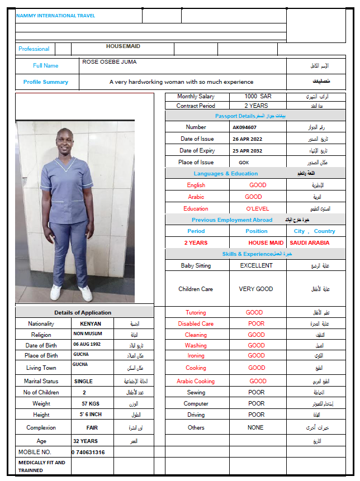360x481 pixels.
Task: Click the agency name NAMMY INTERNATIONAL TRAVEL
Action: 55,16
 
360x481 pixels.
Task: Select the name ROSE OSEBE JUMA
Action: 109,62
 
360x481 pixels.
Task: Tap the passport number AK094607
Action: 245,127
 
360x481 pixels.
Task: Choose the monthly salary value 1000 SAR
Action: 258,97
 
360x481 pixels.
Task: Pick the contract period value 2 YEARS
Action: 256,106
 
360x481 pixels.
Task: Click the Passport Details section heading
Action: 235,116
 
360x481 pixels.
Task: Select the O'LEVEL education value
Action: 258,208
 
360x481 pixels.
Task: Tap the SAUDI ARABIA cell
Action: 309,243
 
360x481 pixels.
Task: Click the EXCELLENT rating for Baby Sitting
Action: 256,265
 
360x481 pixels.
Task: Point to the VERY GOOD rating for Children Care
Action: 255,289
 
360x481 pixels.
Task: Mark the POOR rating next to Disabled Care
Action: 256,323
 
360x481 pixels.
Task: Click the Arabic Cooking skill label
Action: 196,381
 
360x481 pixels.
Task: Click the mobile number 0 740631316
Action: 88,452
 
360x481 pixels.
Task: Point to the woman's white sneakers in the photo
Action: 71,292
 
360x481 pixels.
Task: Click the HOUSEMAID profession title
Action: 123,46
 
